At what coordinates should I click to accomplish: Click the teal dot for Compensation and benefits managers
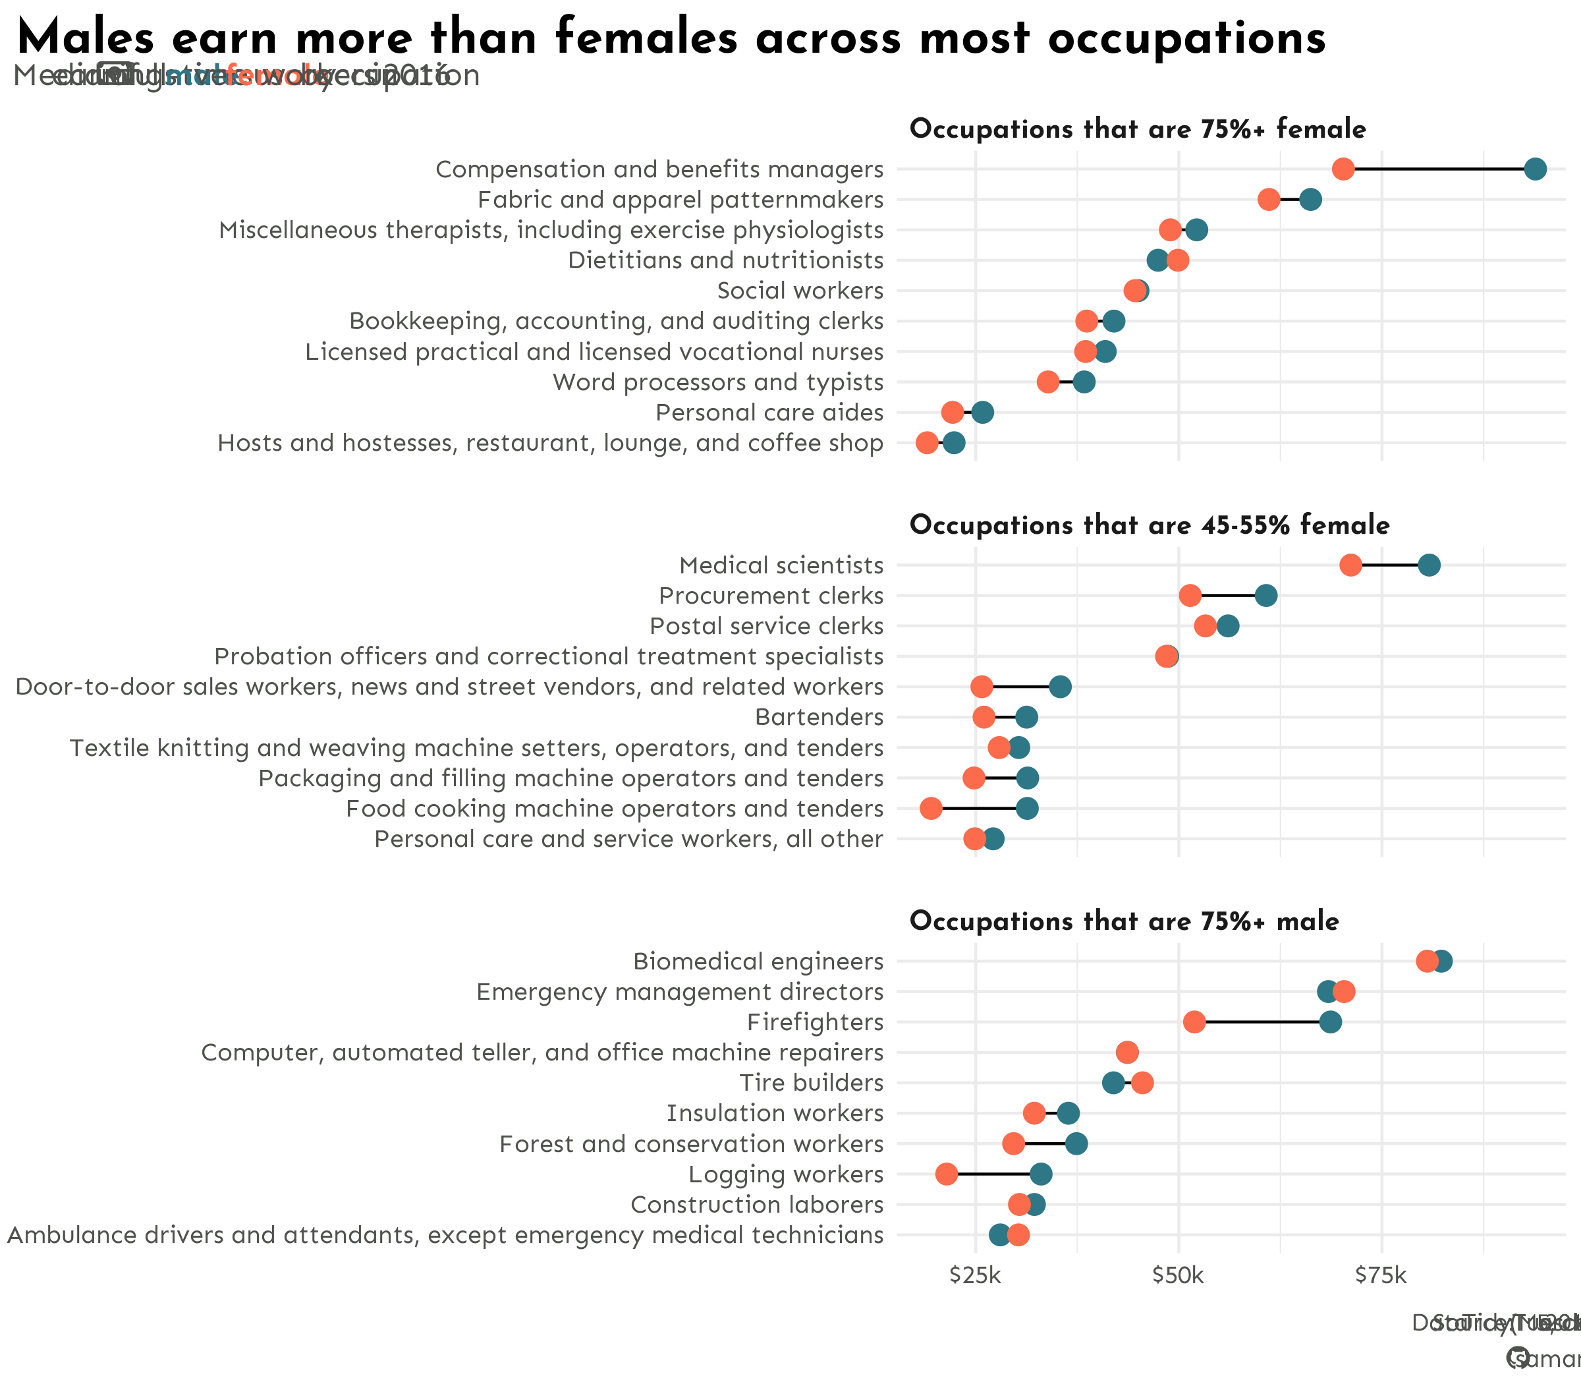pyautogui.click(x=1535, y=169)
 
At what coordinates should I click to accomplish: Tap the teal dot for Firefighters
pyautogui.click(x=1330, y=1022)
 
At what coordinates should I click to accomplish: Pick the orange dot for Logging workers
pyautogui.click(x=947, y=1174)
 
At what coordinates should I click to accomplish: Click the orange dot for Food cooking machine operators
pyautogui.click(x=931, y=809)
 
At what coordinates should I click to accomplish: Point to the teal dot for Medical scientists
pyautogui.click(x=1429, y=565)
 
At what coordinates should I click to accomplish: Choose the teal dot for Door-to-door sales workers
pyautogui.click(x=1060, y=687)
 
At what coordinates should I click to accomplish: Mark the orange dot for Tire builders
pyautogui.click(x=1142, y=1083)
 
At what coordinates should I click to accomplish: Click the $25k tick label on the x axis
pyautogui.click(x=976, y=1275)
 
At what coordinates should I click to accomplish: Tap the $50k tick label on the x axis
pyautogui.click(x=1179, y=1275)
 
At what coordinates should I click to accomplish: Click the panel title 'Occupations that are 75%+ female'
pyautogui.click(x=1138, y=129)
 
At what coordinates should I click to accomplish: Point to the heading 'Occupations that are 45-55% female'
pyautogui.click(x=1150, y=525)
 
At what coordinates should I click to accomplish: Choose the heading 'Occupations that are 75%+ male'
pyautogui.click(x=1124, y=921)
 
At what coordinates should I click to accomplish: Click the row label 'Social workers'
pyautogui.click(x=800, y=291)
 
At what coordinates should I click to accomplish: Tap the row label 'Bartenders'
pyautogui.click(x=819, y=718)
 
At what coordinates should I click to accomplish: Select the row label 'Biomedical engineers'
pyautogui.click(x=758, y=962)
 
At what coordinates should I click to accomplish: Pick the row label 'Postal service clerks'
pyautogui.click(x=767, y=626)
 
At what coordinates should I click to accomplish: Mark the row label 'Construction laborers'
pyautogui.click(x=756, y=1205)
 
